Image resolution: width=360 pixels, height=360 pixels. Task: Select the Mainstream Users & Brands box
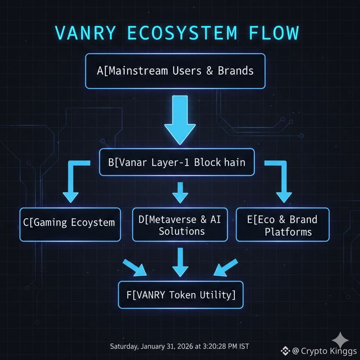(x=175, y=71)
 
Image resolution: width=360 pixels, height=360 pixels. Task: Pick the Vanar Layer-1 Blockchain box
(x=176, y=162)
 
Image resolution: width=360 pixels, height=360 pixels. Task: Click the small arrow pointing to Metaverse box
(x=180, y=192)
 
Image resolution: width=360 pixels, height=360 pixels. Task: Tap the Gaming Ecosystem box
(x=70, y=224)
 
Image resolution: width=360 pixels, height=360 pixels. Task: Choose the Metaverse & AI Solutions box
(x=180, y=225)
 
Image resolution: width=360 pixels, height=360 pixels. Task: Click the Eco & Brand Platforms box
(x=283, y=225)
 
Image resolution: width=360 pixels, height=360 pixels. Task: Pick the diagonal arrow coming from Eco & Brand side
(x=225, y=268)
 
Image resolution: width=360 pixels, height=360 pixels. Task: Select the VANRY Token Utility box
(x=180, y=295)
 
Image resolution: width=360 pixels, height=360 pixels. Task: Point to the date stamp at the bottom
(x=179, y=346)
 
